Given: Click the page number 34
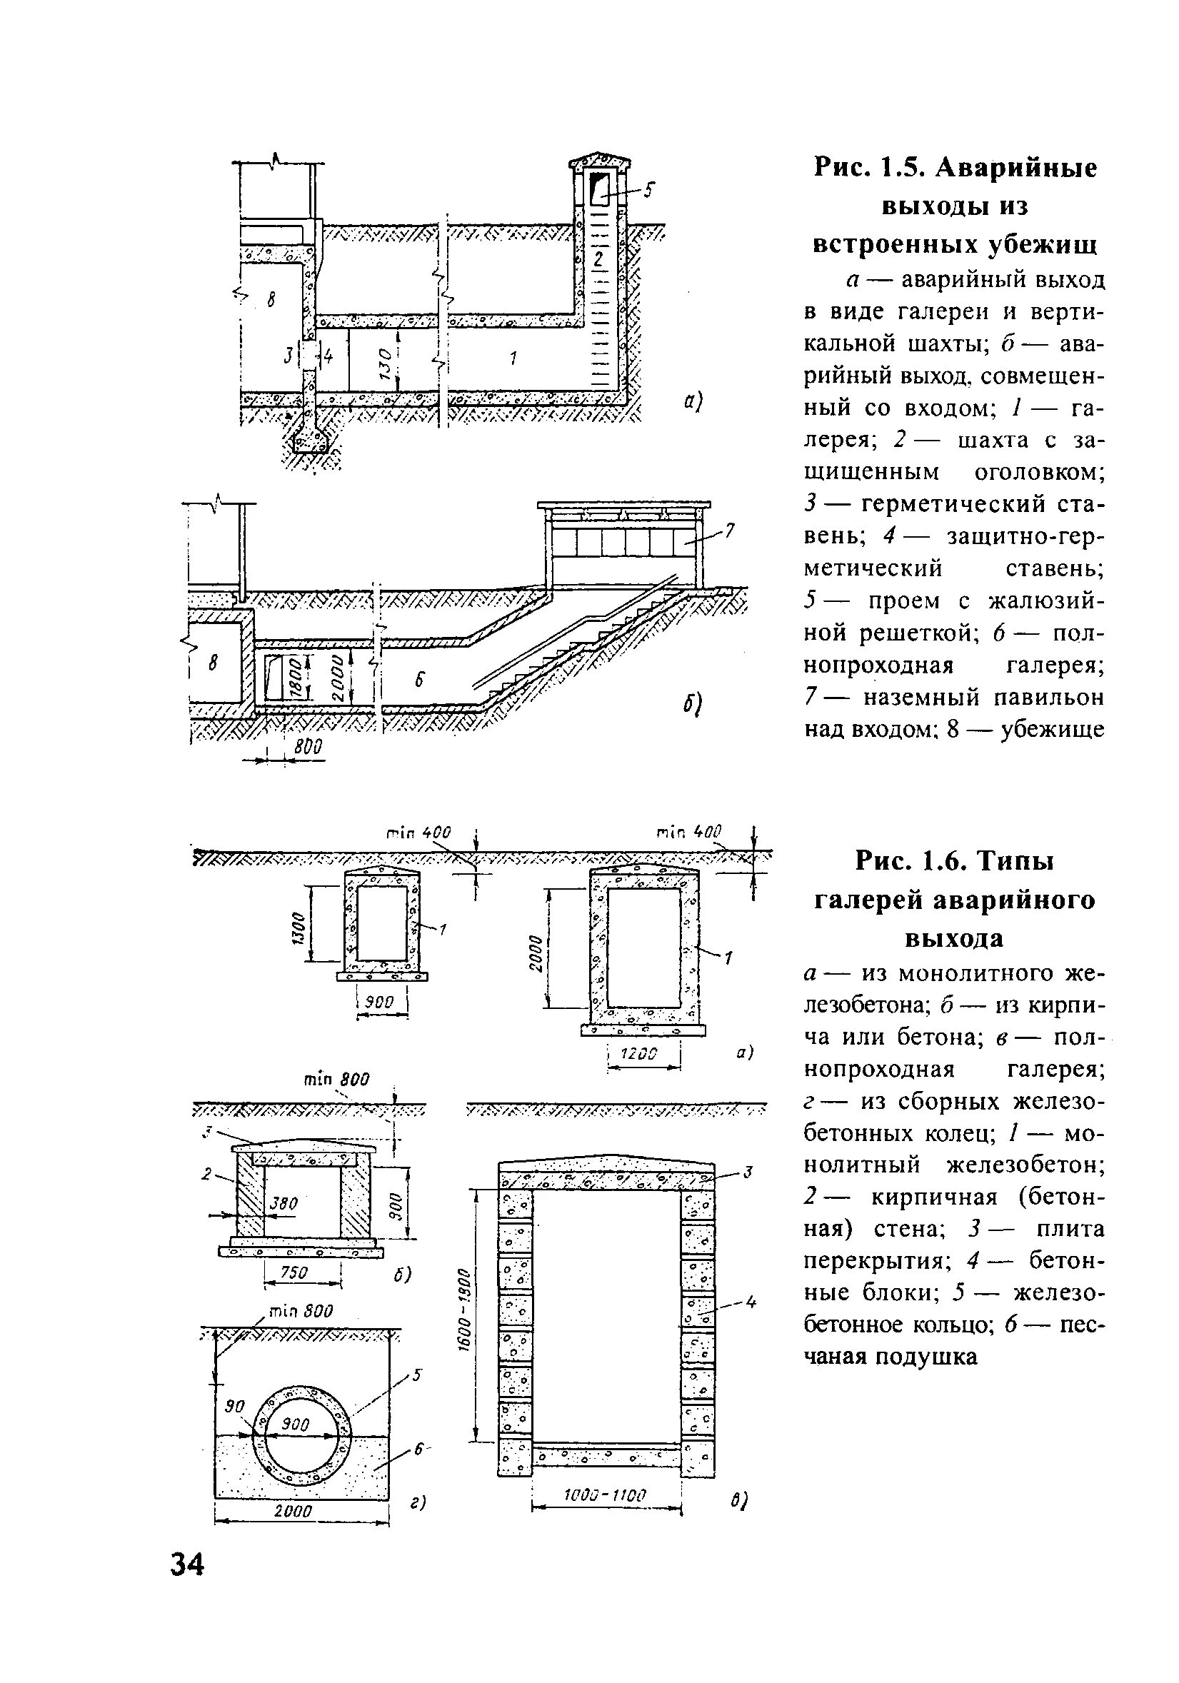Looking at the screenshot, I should pyautogui.click(x=188, y=1565).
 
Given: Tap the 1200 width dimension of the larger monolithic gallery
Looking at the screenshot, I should pyautogui.click(x=640, y=1053).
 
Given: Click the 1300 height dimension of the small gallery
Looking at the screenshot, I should pyautogui.click(x=296, y=930).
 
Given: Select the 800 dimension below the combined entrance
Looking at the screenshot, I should pyautogui.click(x=308, y=747).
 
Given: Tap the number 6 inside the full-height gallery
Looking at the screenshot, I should pyautogui.click(x=419, y=680).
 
